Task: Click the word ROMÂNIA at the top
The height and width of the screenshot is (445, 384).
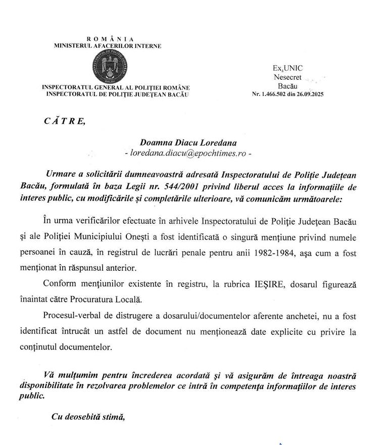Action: (110, 39)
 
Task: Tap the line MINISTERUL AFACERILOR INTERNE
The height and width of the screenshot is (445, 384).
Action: (108, 46)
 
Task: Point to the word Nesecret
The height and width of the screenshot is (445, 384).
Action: (287, 77)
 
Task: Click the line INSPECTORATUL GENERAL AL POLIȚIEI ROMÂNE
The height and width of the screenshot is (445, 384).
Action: (116, 87)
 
